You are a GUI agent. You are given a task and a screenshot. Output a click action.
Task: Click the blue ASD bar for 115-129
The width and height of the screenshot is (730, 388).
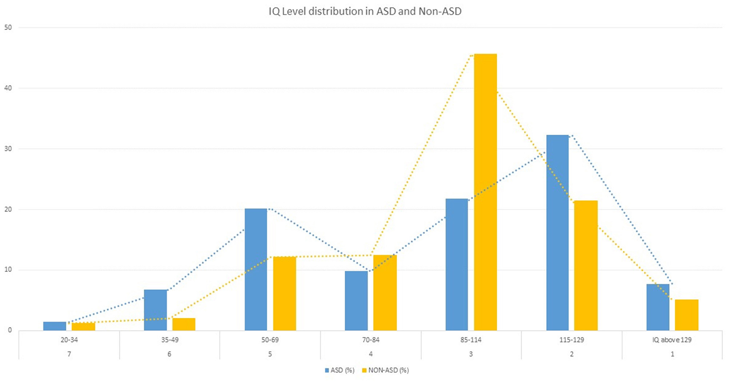(x=557, y=233)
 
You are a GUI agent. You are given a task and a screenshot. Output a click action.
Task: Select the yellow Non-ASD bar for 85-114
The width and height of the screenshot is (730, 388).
(x=485, y=192)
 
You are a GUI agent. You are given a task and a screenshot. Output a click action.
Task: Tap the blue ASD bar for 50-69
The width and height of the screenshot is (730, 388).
(x=256, y=270)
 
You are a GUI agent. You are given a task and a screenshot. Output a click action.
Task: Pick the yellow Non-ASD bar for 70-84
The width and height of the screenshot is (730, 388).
(x=385, y=293)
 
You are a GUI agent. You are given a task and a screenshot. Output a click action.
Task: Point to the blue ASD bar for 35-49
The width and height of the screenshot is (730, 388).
(x=155, y=310)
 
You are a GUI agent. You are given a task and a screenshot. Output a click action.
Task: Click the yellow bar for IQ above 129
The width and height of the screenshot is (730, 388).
(x=686, y=315)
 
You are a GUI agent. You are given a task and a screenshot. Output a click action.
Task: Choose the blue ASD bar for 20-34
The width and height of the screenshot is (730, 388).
(x=54, y=326)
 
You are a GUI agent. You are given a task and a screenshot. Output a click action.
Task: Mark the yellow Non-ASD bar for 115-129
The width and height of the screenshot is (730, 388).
(x=586, y=266)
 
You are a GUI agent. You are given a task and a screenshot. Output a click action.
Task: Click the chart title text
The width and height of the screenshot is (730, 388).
(x=365, y=11)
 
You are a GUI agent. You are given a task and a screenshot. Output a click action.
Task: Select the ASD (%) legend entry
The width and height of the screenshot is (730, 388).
(x=339, y=370)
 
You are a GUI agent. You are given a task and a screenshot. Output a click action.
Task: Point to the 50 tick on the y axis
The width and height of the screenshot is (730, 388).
(x=8, y=28)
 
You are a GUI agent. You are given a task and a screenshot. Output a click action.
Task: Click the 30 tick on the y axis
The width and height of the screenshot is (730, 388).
(x=8, y=149)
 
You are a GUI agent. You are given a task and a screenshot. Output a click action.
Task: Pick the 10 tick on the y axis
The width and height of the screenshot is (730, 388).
(x=8, y=270)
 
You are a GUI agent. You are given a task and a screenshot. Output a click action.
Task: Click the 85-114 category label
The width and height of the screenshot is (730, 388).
(x=471, y=340)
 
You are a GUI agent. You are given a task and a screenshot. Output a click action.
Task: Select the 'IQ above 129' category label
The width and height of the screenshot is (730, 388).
(x=672, y=340)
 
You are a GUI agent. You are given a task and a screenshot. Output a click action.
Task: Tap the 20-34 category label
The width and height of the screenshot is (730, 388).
(x=69, y=340)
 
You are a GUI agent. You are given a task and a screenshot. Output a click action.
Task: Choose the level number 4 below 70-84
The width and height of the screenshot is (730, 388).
(x=371, y=354)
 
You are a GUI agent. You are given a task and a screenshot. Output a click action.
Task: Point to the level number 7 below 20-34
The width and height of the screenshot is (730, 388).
(x=69, y=354)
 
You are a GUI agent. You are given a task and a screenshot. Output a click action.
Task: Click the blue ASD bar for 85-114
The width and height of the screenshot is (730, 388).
(x=457, y=265)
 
